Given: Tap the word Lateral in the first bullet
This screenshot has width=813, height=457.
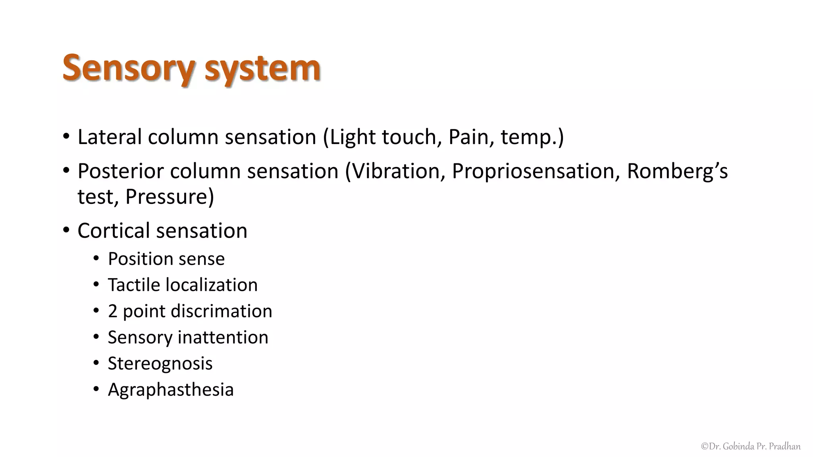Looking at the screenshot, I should tap(110, 137).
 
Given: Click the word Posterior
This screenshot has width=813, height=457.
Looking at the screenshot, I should tap(121, 171).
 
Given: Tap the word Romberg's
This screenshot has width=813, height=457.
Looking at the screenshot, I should tap(677, 171).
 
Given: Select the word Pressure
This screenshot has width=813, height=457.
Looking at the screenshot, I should tap(169, 197).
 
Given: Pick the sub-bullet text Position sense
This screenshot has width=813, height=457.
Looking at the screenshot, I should tap(166, 259).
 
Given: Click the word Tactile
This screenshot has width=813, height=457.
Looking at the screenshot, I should tap(133, 285).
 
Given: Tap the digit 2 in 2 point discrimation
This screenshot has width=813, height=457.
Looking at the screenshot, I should tap(113, 311).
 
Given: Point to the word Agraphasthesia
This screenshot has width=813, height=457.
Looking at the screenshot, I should tap(171, 390).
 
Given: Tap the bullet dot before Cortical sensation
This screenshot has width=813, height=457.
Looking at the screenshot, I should tap(66, 230).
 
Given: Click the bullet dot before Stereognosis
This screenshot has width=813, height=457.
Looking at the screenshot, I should tap(96, 363).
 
